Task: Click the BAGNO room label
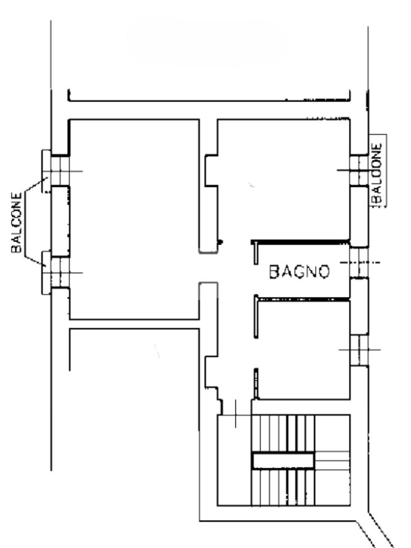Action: (x=299, y=271)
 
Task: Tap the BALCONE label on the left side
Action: (x=17, y=222)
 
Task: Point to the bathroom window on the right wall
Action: (x=359, y=262)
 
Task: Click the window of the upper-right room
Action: (x=359, y=170)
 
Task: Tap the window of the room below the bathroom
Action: (x=359, y=350)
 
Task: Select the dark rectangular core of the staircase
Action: (x=283, y=460)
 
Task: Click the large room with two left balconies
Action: (x=134, y=219)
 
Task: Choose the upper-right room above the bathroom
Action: (x=284, y=180)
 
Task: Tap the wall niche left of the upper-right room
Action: (x=211, y=170)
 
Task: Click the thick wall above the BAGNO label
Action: (x=301, y=241)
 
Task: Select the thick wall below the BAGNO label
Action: (x=303, y=299)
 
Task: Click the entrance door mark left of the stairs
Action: (x=235, y=415)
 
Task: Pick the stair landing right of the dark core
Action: (x=332, y=460)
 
